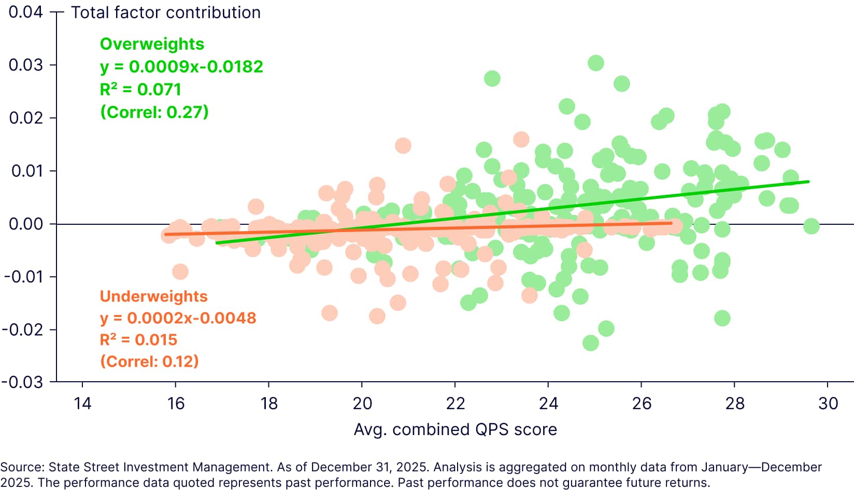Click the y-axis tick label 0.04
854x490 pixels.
click(x=25, y=12)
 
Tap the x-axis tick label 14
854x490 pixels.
click(x=82, y=403)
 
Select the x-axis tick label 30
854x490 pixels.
click(x=828, y=403)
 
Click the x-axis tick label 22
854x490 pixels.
click(x=455, y=403)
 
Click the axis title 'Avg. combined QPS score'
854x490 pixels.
click(x=455, y=429)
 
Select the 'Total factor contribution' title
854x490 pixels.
click(x=166, y=12)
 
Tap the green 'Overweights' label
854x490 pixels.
click(x=152, y=44)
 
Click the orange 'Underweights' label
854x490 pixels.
click(x=153, y=296)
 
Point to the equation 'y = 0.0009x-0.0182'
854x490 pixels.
click(x=181, y=67)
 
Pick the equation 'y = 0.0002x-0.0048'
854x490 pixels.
click(x=178, y=318)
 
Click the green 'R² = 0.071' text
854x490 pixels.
click(x=140, y=90)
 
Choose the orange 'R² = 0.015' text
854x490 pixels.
click(x=138, y=340)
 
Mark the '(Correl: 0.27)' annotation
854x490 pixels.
click(x=154, y=112)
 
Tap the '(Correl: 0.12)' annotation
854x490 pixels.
click(x=149, y=362)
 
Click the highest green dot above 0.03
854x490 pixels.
click(x=596, y=63)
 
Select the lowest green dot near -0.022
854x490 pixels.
click(x=590, y=343)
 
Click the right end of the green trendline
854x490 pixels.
click(x=808, y=182)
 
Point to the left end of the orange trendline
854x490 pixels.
click(x=166, y=234)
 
